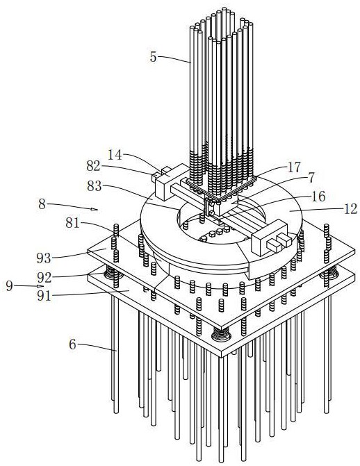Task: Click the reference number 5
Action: tap(153, 57)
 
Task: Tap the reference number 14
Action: tap(115, 155)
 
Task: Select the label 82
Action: tap(93, 166)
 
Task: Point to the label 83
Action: tap(95, 186)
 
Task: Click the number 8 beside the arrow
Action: tap(42, 204)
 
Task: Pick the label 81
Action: tap(72, 223)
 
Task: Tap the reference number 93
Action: tap(44, 258)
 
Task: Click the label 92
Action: tap(44, 278)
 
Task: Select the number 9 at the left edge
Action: tap(10, 286)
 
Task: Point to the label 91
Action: tap(44, 296)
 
